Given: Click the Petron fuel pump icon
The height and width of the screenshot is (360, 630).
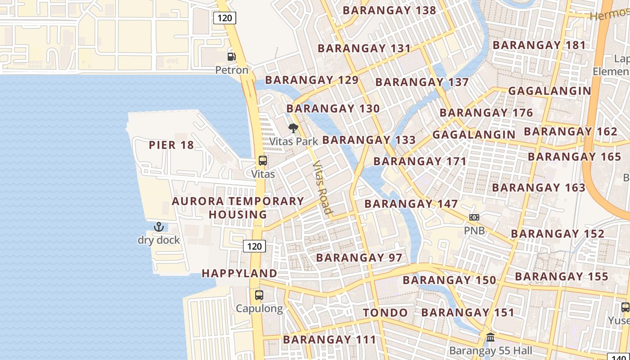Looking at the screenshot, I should tap(231, 57).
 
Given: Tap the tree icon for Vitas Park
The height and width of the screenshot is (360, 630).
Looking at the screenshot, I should tap(293, 128).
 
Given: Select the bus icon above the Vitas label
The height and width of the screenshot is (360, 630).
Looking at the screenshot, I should tap(262, 161).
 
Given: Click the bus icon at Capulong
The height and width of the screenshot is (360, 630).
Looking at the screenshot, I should tap(259, 295).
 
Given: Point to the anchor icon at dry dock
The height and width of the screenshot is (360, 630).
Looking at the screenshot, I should tap(158, 227).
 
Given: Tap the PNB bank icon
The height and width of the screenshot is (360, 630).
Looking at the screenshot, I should tap(474, 217).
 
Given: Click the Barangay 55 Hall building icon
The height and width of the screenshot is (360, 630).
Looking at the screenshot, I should tap(490, 337).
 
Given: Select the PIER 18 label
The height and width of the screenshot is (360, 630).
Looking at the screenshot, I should tap(171, 145).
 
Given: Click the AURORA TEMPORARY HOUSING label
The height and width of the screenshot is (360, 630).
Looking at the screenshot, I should tap(238, 207).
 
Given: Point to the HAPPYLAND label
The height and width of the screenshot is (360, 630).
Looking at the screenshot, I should tap(239, 273).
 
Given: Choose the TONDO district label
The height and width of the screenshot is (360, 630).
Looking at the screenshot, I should tap(386, 313).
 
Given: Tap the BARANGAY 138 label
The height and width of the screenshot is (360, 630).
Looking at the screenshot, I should tap(390, 10).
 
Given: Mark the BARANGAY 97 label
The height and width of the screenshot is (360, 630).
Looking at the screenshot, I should tap(359, 258).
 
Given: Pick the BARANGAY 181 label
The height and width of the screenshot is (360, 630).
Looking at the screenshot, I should tap(539, 45).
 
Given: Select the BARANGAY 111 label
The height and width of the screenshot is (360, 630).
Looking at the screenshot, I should tap(329, 339).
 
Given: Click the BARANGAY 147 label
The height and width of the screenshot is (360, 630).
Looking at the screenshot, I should tap(411, 204).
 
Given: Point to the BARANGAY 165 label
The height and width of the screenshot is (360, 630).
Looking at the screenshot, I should tap(574, 157).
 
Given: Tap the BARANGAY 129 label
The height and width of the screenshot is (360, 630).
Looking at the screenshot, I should tap(311, 80).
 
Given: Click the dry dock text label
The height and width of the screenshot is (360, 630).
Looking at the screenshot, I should tap(159, 240).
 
